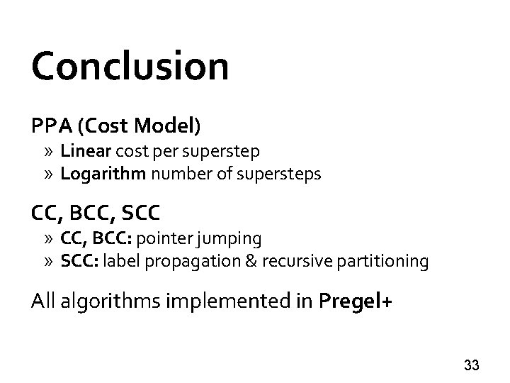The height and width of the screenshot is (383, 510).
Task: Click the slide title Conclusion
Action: [130, 67]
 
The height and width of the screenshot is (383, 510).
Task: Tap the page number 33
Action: [471, 366]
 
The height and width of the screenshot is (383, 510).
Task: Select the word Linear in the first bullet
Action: [81, 151]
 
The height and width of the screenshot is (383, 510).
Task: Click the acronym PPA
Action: [50, 126]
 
